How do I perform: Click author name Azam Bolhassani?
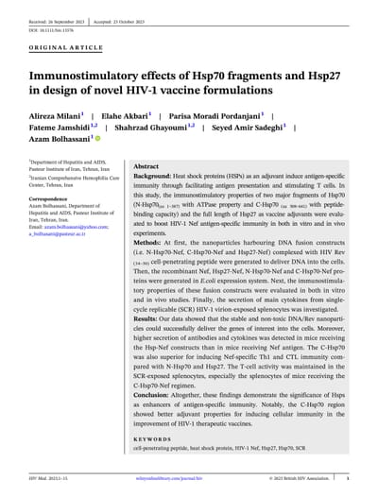62,142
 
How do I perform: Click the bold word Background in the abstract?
152,177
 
